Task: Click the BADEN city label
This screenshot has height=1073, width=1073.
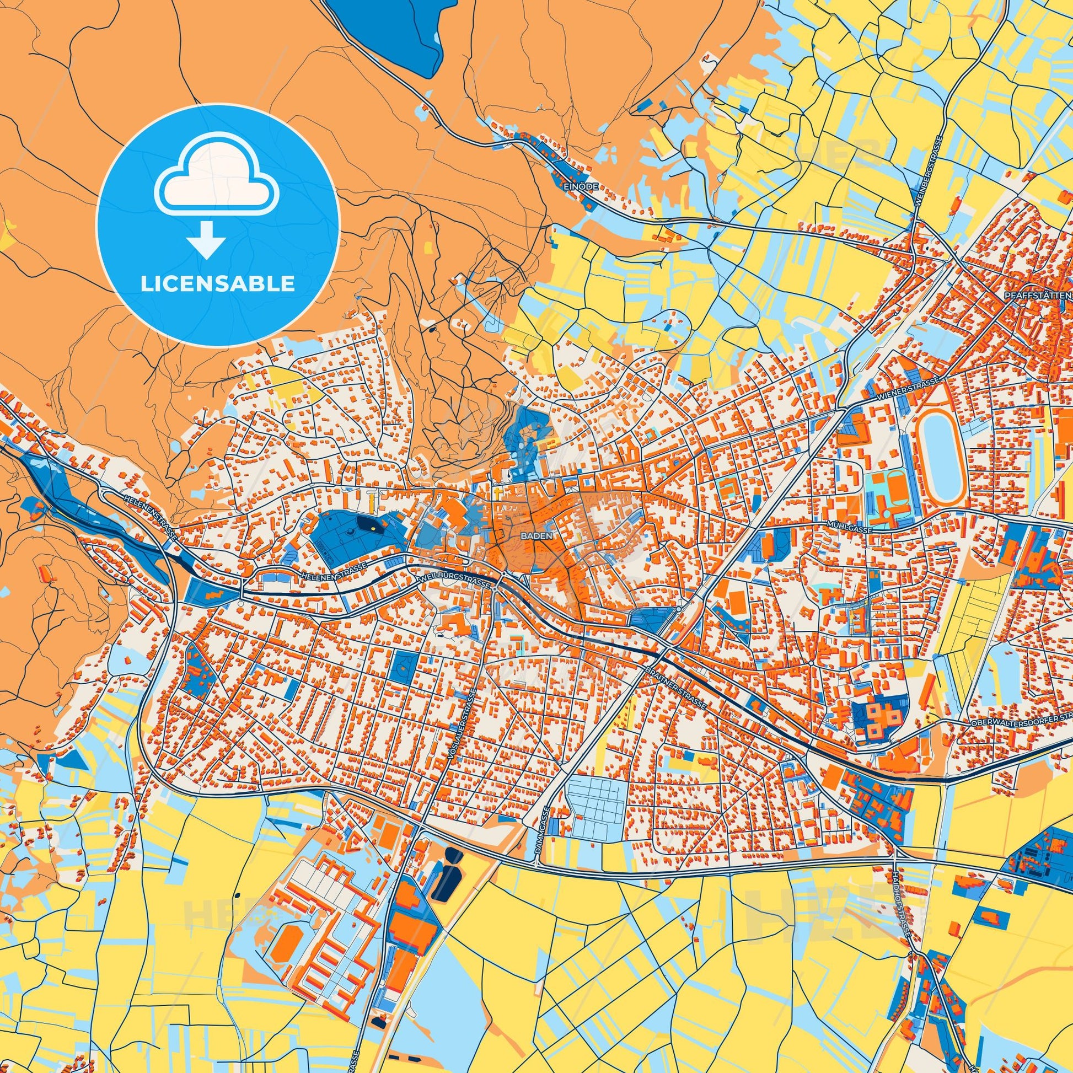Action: pyautogui.click(x=536, y=536)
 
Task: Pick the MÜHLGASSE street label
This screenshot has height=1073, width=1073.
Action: pyautogui.click(x=850, y=531)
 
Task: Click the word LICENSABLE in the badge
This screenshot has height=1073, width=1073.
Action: pyautogui.click(x=217, y=284)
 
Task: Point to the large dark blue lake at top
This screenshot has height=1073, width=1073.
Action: pyautogui.click(x=389, y=33)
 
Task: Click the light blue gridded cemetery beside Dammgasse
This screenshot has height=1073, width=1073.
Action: pyautogui.click(x=594, y=812)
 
